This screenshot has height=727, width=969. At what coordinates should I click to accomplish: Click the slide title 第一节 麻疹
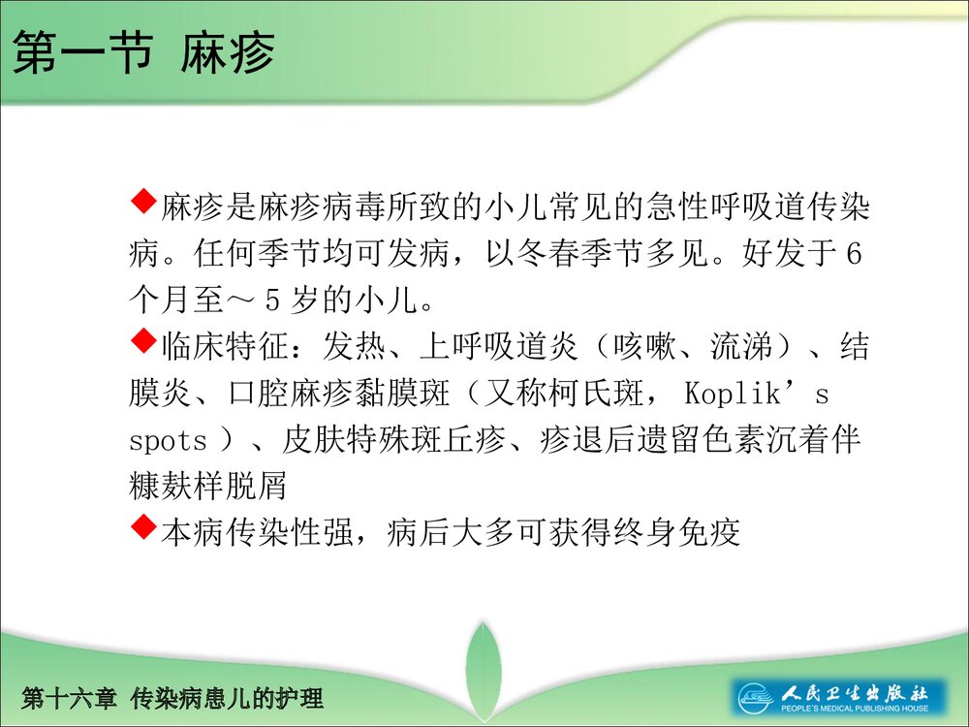[143, 54]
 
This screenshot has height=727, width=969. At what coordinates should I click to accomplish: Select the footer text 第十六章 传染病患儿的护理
[172, 697]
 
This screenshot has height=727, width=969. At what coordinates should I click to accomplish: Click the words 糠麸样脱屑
[208, 486]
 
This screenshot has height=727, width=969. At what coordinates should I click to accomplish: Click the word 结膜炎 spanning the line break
[853, 347]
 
